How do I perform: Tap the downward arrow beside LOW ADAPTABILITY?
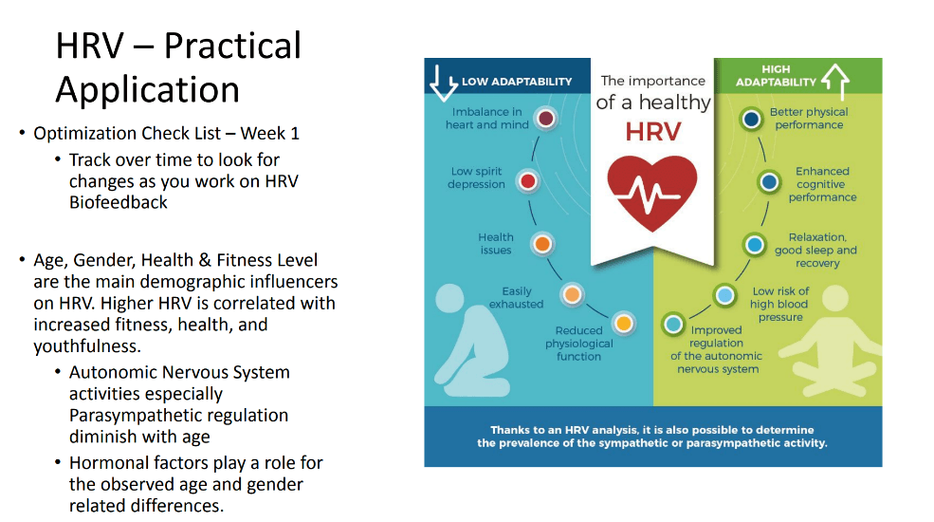pyautogui.click(x=443, y=83)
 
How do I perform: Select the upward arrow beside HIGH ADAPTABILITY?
pyautogui.click(x=835, y=82)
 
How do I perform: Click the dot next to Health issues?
pyautogui.click(x=542, y=244)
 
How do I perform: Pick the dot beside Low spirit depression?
pyautogui.click(x=528, y=181)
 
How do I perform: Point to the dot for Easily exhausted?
pyautogui.click(x=572, y=294)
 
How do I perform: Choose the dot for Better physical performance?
pyautogui.click(x=751, y=119)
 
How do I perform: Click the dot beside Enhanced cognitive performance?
pyautogui.click(x=769, y=181)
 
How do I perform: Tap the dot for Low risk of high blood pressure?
pyautogui.click(x=725, y=295)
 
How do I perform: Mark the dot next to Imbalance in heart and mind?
pyautogui.click(x=545, y=118)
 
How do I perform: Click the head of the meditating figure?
pyautogui.click(x=835, y=299)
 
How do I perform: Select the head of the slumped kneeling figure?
pyautogui.click(x=450, y=298)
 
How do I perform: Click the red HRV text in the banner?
pyautogui.click(x=652, y=132)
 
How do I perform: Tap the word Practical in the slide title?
pyautogui.click(x=232, y=46)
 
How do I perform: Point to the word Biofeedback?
pyautogui.click(x=119, y=202)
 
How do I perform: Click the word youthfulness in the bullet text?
pyautogui.click(x=87, y=346)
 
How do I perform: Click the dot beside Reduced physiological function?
pyautogui.click(x=624, y=324)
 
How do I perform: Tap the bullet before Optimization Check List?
pyautogui.click(x=22, y=132)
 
